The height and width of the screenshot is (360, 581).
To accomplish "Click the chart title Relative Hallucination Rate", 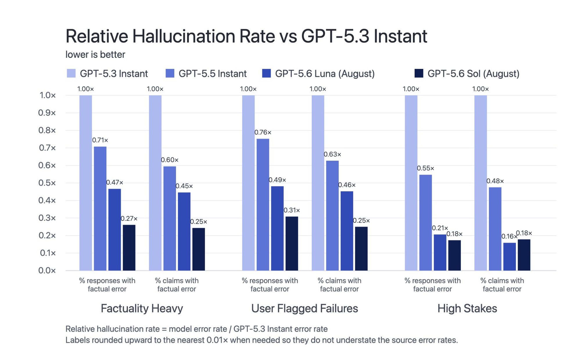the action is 170,36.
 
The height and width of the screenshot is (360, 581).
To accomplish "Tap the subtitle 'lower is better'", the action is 95,55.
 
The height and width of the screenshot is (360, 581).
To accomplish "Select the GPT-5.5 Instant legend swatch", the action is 170,73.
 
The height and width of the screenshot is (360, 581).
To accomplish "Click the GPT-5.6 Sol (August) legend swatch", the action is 419,73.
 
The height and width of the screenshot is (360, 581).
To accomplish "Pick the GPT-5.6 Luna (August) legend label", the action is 325,74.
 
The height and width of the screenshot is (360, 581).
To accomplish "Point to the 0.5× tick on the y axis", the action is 47,183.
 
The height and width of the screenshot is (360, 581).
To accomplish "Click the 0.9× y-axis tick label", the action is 47,113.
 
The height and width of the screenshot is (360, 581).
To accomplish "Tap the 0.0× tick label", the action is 47,271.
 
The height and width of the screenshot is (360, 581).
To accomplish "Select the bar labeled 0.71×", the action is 100,209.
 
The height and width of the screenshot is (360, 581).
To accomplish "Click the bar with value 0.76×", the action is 263,205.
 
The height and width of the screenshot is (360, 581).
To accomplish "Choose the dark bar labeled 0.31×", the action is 292,243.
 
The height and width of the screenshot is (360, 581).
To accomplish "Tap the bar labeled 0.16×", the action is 510,257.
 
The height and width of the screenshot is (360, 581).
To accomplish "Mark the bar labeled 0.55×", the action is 426,223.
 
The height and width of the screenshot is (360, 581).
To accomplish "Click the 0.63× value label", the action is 332,154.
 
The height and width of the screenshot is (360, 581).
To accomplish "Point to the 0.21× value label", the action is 440,228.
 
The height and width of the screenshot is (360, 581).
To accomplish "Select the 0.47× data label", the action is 114,182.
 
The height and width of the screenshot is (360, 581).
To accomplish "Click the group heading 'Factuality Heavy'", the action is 142,309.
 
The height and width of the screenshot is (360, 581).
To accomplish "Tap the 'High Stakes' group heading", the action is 467,308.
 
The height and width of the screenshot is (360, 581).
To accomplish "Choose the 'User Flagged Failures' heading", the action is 304,309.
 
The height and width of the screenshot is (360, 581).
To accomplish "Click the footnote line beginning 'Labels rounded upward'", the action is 261,340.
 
